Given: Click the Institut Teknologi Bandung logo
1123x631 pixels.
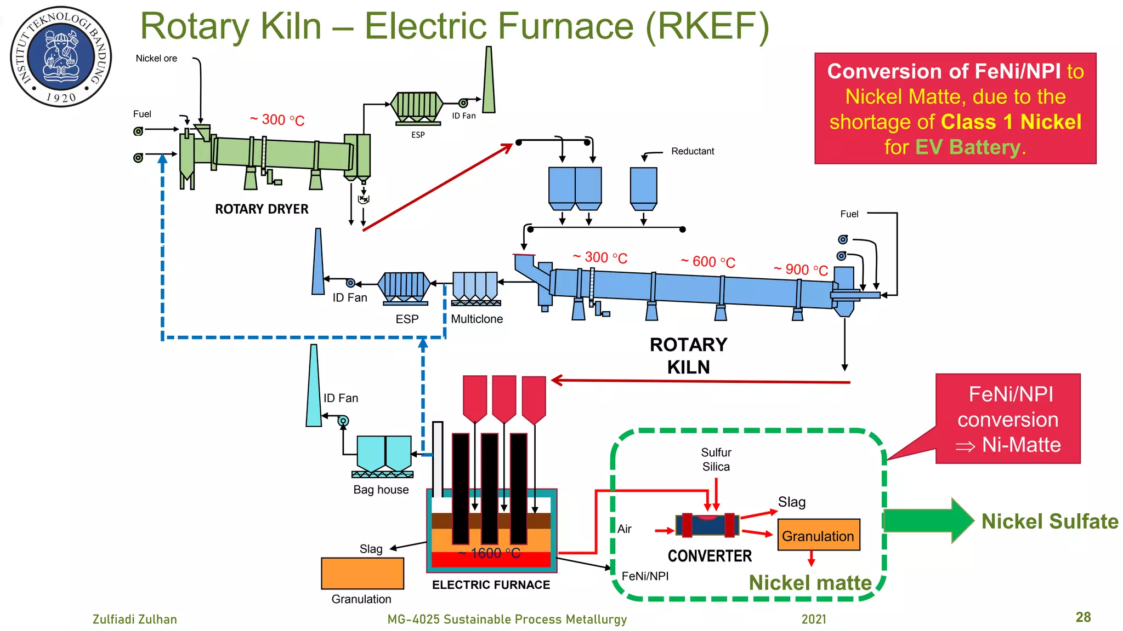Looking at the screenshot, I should pyautogui.click(x=61, y=56).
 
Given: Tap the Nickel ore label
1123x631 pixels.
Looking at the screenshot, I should pyautogui.click(x=156, y=59).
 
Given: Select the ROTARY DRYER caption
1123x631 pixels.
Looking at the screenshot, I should pyautogui.click(x=262, y=209).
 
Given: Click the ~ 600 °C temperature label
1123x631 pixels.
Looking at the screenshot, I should pyautogui.click(x=708, y=262).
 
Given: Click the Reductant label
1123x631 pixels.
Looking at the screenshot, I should pyautogui.click(x=693, y=151).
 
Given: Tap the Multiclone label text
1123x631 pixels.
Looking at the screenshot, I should pyautogui.click(x=477, y=319).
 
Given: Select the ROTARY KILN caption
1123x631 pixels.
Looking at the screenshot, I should pyautogui.click(x=688, y=355).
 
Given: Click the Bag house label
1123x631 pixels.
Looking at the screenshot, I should pyautogui.click(x=381, y=490).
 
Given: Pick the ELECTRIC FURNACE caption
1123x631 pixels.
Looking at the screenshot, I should pyautogui.click(x=491, y=585).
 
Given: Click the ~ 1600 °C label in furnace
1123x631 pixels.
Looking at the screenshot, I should pyautogui.click(x=489, y=553).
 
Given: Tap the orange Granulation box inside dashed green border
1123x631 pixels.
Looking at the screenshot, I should pyautogui.click(x=818, y=535).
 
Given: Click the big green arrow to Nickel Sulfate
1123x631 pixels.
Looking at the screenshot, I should pyautogui.click(x=927, y=520).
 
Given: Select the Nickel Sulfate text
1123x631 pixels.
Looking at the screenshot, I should pyautogui.click(x=1050, y=521).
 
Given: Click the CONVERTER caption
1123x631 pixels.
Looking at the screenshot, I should pyautogui.click(x=710, y=556).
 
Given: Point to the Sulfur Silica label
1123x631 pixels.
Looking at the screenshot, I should pyautogui.click(x=716, y=460).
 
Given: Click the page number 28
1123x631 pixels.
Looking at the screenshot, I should pyautogui.click(x=1083, y=617).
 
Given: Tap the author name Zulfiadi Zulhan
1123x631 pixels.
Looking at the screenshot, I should pyautogui.click(x=135, y=619).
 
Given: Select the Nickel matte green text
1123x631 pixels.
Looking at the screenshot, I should pyautogui.click(x=810, y=583).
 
